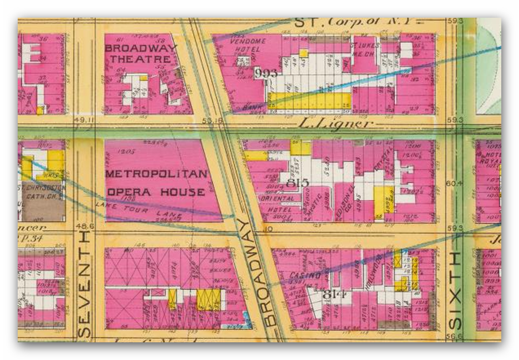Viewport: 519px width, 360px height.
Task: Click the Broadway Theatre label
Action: pyautogui.click(x=140, y=53)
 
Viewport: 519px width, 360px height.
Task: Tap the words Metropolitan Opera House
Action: pyautogui.click(x=155, y=182)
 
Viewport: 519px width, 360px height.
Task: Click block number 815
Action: pyautogui.click(x=298, y=182)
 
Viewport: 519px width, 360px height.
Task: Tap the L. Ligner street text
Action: pyautogui.click(x=336, y=124)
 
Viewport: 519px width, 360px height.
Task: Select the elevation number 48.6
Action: pyautogui.click(x=84, y=227)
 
